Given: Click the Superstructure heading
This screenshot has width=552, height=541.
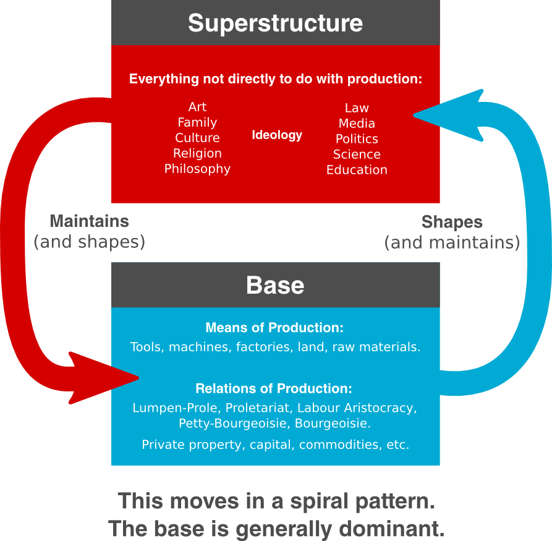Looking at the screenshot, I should click(275, 23).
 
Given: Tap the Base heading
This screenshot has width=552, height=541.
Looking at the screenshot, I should click(275, 285).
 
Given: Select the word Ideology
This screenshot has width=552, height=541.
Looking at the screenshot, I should click(277, 135).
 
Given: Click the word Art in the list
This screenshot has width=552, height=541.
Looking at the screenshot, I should click(197, 107).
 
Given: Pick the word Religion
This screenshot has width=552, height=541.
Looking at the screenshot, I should click(197, 153).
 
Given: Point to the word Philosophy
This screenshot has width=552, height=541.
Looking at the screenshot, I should click(197, 169).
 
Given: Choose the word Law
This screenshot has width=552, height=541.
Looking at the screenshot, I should click(357, 108).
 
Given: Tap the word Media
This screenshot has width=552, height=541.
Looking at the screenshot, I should click(357, 124).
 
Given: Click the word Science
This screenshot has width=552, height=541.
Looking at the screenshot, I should click(357, 155).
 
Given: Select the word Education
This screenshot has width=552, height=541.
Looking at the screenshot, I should click(357, 170).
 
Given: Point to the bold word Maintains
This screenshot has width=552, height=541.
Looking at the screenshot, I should click(89, 221).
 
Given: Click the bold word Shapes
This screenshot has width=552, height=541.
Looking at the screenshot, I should click(452, 222).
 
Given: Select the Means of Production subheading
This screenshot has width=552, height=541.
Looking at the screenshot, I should click(274, 328).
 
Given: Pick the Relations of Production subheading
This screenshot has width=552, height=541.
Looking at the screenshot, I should click(274, 389).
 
